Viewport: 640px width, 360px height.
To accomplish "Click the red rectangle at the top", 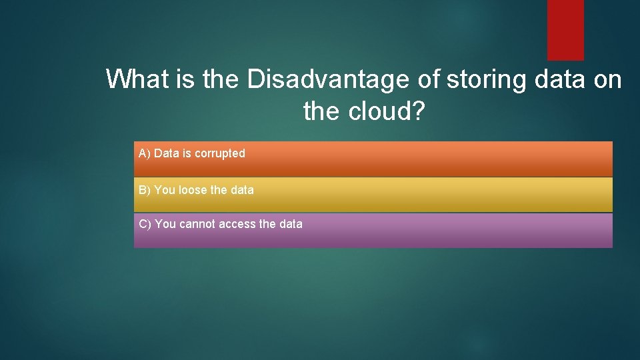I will pyautogui.click(x=565, y=29).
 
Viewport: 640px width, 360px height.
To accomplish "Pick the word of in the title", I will pyautogui.click(x=429, y=79).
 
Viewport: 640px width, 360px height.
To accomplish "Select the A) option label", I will pyautogui.click(x=145, y=153).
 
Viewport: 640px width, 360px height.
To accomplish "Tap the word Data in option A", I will pyautogui.click(x=167, y=153).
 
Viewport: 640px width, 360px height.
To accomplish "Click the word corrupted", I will pyautogui.click(x=219, y=153).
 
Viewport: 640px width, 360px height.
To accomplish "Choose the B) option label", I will pyautogui.click(x=145, y=190).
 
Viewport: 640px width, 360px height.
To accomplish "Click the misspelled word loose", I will pyautogui.click(x=193, y=190).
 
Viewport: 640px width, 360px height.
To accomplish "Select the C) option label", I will pyautogui.click(x=145, y=224).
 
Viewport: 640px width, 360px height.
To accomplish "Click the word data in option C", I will pyautogui.click(x=291, y=224).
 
